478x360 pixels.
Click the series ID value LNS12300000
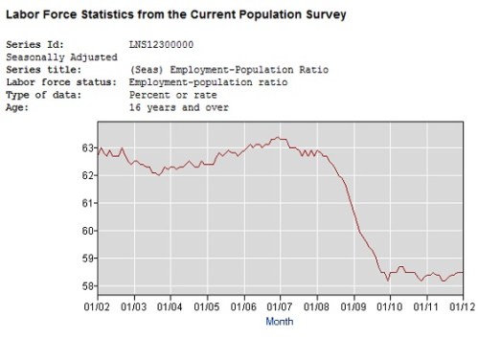pyautogui.click(x=160, y=44)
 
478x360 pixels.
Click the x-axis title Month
pyautogui.click(x=279, y=323)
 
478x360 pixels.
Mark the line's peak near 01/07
pyautogui.click(x=277, y=138)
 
